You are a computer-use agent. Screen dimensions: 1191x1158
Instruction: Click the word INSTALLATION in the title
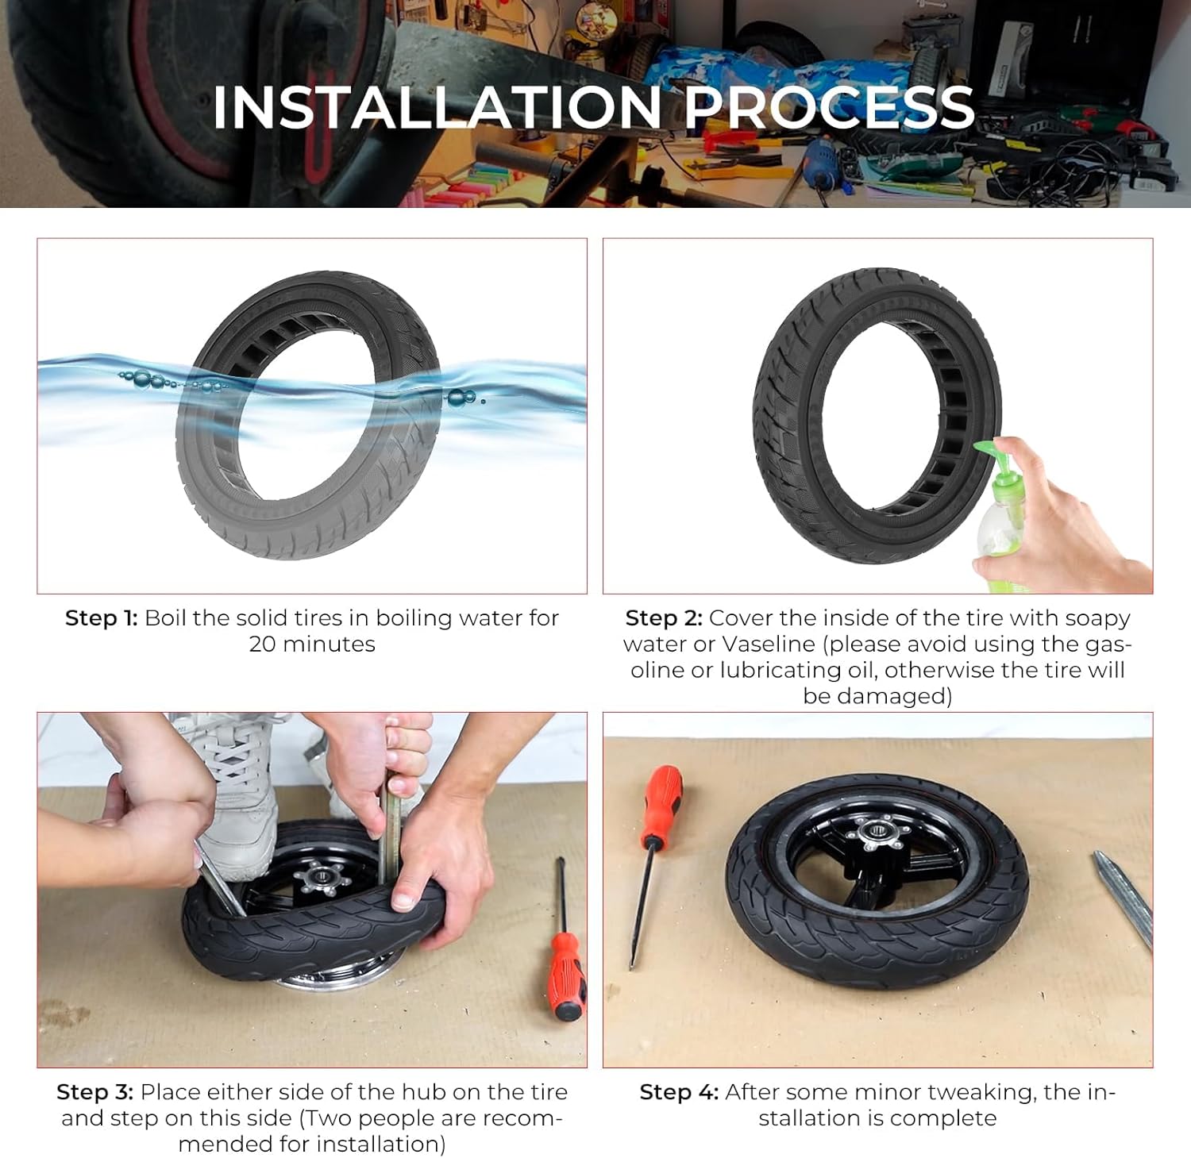437,106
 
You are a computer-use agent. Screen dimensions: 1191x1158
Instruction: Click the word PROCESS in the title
829,106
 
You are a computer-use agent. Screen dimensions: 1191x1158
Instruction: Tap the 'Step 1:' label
102,618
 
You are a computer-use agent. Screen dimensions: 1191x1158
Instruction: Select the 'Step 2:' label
664,618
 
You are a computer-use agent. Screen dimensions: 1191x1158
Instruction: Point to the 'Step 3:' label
94,1092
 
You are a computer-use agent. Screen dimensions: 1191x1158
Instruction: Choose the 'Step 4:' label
679,1092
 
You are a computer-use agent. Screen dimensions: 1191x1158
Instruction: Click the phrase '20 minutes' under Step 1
312,644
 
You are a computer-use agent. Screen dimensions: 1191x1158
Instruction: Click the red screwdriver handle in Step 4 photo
662,805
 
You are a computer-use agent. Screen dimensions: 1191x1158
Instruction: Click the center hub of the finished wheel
873,836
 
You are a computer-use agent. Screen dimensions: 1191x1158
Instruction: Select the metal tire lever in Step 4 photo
1123,899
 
